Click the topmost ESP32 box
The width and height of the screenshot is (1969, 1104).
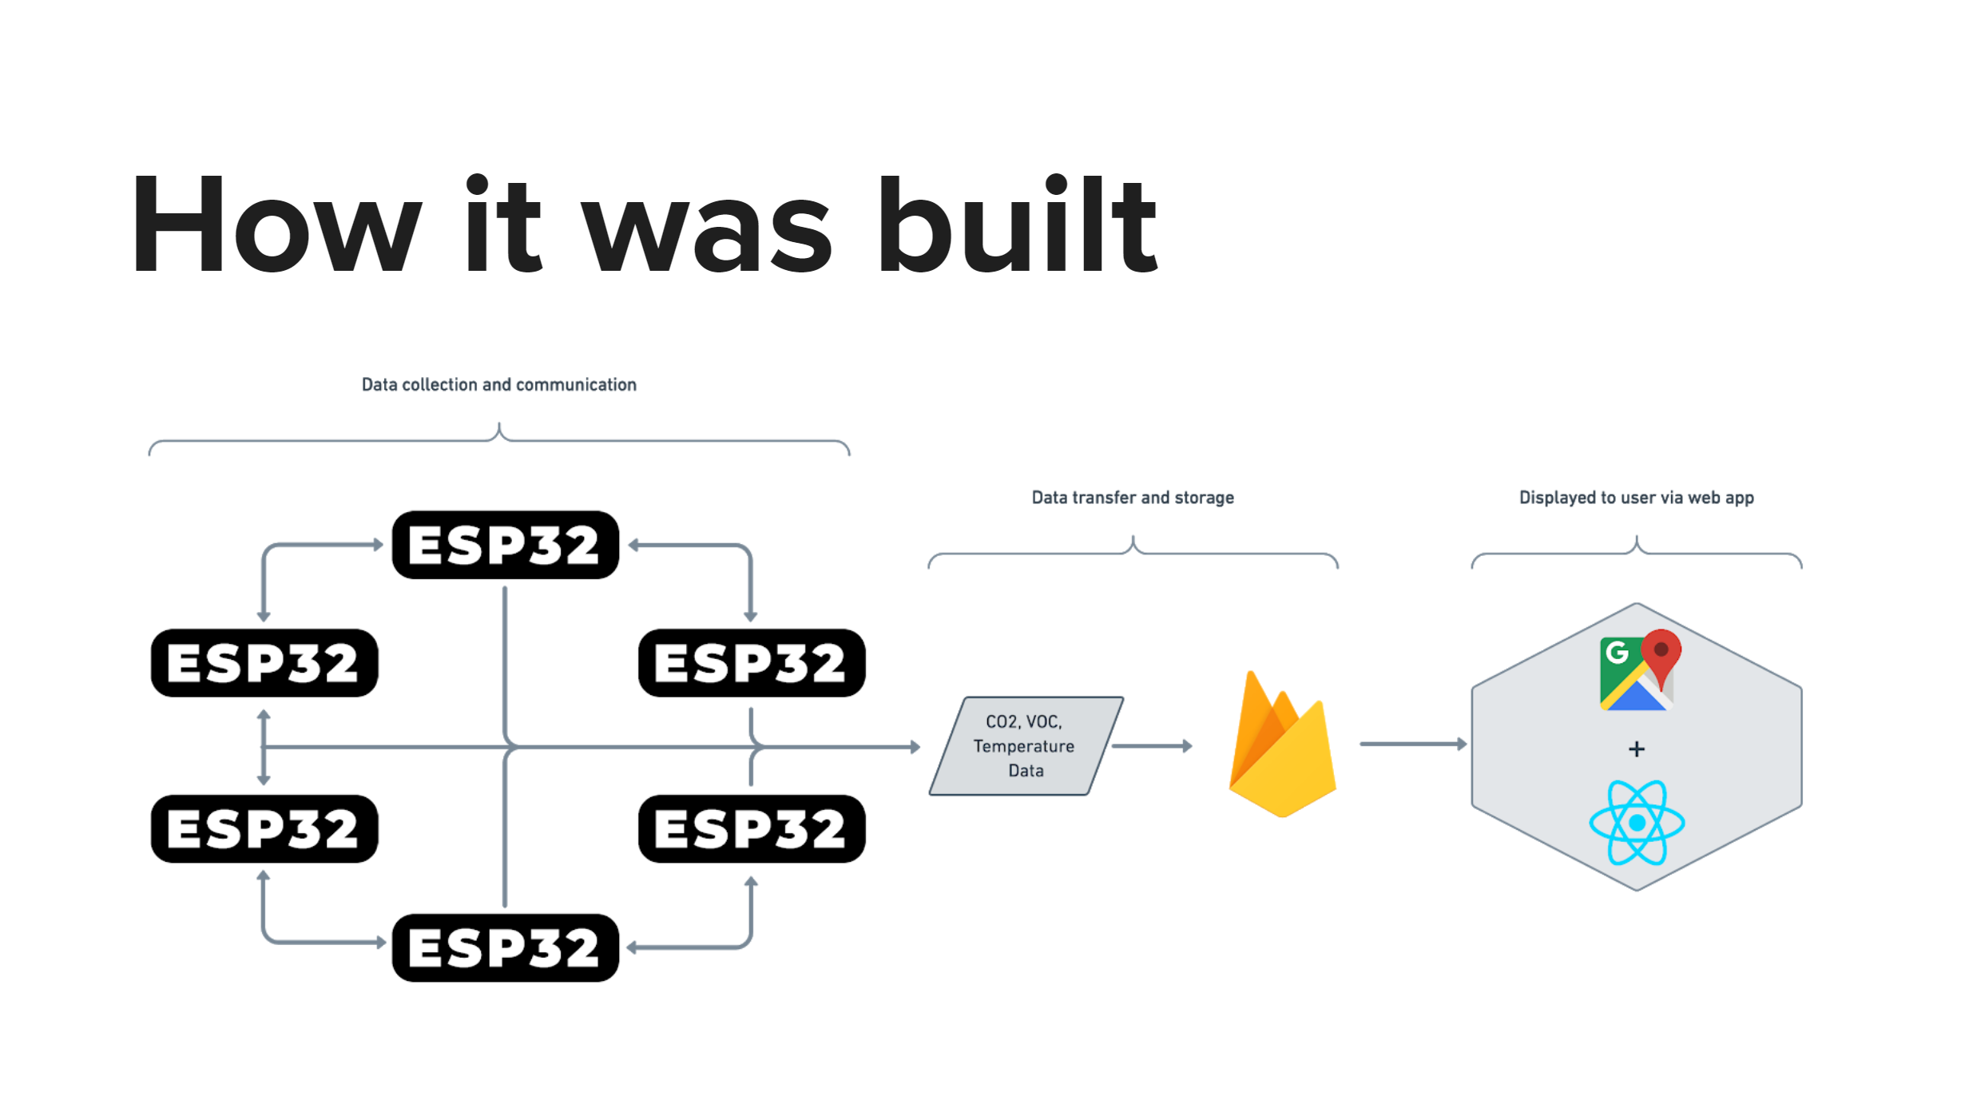[x=505, y=545]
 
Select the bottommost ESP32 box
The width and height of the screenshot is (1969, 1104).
[x=505, y=947]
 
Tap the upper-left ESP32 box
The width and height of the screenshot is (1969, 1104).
[x=264, y=663]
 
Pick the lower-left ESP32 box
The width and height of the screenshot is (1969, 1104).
[x=264, y=828]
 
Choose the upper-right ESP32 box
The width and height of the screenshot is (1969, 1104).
[x=751, y=663]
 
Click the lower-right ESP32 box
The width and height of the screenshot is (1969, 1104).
[x=751, y=828]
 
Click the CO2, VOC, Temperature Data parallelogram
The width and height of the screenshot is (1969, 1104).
[x=1025, y=746]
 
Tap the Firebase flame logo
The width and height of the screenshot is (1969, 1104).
[x=1282, y=747]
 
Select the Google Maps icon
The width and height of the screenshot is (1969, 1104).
[x=1638, y=671]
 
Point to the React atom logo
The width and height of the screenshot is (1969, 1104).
[x=1637, y=823]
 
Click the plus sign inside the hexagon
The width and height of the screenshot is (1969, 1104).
[x=1637, y=749]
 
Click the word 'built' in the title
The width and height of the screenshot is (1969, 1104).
[x=1017, y=225]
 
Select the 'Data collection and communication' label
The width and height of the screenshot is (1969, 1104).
[x=498, y=385]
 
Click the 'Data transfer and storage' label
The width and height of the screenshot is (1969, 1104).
[x=1132, y=498]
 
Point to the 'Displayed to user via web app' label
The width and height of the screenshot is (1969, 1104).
[x=1636, y=498]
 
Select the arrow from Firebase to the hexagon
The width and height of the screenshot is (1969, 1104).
[x=1412, y=745]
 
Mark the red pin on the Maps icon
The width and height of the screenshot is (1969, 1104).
[x=1661, y=653]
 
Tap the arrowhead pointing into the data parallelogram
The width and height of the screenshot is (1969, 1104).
[x=915, y=747]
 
